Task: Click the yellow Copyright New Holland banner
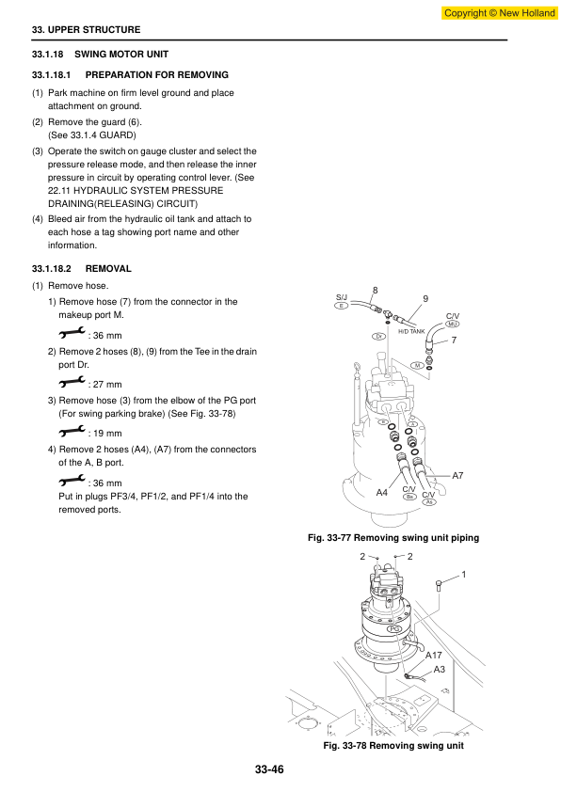[499, 13]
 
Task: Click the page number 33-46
[269, 769]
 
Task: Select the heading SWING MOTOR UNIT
[121, 54]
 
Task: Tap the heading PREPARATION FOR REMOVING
[156, 74]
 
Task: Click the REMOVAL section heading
[108, 269]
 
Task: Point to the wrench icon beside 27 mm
[72, 382]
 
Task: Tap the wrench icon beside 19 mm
[72, 431]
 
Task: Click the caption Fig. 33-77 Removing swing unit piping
[393, 538]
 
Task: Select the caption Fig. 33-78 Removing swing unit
[393, 746]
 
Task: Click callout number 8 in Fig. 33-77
[375, 291]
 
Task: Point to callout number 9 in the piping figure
[425, 298]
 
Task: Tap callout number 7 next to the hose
[454, 340]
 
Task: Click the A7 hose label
[457, 475]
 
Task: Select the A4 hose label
[382, 493]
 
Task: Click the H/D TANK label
[412, 331]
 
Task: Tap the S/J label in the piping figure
[342, 297]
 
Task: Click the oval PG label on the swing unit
[394, 629]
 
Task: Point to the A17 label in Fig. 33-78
[434, 655]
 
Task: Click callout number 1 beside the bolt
[464, 575]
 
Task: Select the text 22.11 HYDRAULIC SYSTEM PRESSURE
[136, 190]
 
